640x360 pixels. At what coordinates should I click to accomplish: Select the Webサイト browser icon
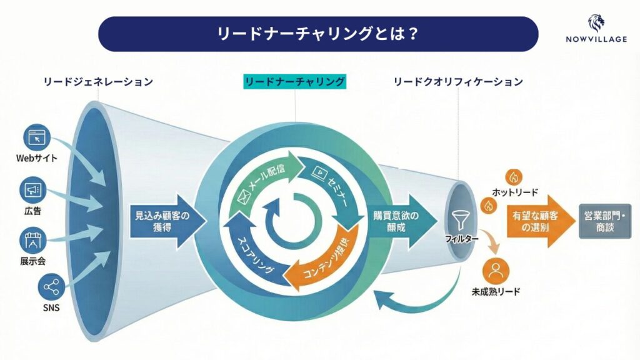tap(37, 137)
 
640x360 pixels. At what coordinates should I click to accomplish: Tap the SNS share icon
tap(50, 287)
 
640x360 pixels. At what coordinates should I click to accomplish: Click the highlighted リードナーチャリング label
tap(295, 81)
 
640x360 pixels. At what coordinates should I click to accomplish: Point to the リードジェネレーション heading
tap(98, 81)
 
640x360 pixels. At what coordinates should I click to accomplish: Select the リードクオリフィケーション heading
tap(458, 81)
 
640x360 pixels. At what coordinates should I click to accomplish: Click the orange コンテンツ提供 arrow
tap(328, 259)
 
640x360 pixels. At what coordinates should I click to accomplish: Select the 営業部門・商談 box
tap(604, 221)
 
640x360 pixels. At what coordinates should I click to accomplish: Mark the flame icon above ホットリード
tap(514, 177)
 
